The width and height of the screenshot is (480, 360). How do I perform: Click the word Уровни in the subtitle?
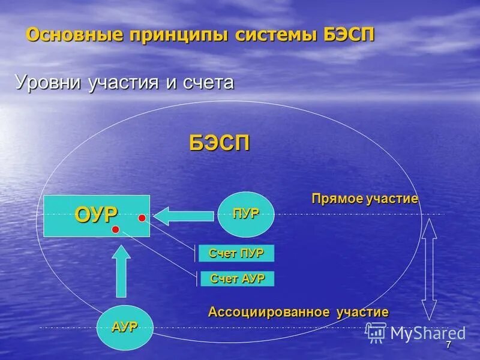[47, 82]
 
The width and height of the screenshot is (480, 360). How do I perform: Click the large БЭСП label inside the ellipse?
[220, 143]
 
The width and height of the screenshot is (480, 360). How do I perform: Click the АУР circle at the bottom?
[125, 327]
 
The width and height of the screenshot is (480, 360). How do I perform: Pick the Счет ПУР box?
[236, 253]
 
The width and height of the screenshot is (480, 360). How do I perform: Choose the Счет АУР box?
[236, 278]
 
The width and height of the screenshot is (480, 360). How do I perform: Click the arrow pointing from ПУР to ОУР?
[184, 214]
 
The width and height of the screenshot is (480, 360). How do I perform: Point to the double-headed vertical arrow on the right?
[429, 269]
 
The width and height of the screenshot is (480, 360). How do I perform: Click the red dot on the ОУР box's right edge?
[142, 218]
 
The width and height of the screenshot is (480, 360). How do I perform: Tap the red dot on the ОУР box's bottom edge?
[115, 230]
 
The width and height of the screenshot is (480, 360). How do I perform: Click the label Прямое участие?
[365, 199]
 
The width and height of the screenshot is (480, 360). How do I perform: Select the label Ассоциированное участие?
[298, 312]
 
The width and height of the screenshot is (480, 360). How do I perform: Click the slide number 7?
[448, 345]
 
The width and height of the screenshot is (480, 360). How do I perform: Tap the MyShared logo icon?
[376, 332]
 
